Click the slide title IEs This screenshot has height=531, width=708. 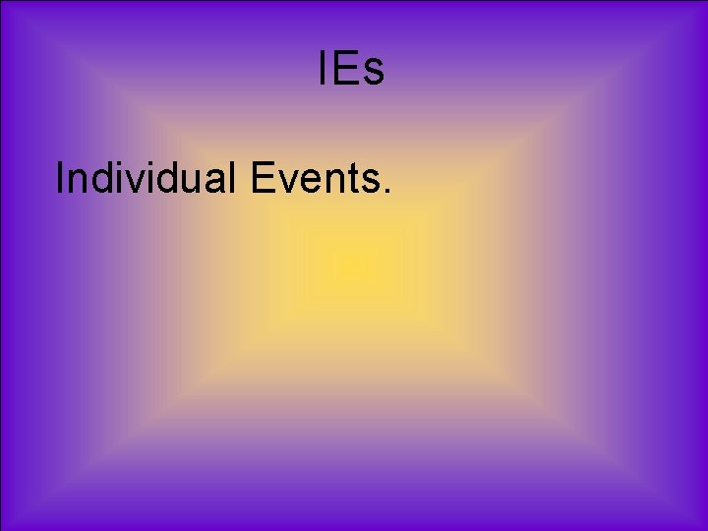(351, 70)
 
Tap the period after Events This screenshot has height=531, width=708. (387, 192)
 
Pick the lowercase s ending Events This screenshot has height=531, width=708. (369, 183)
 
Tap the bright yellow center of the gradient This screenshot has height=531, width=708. (354, 265)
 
